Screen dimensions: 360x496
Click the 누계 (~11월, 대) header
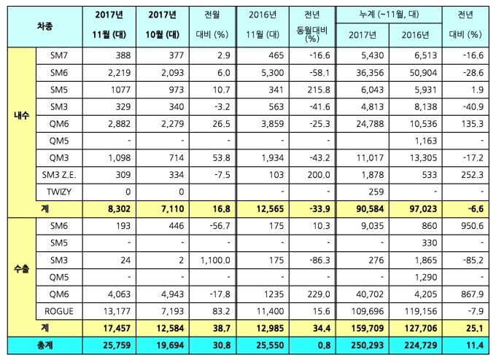click(x=387, y=15)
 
